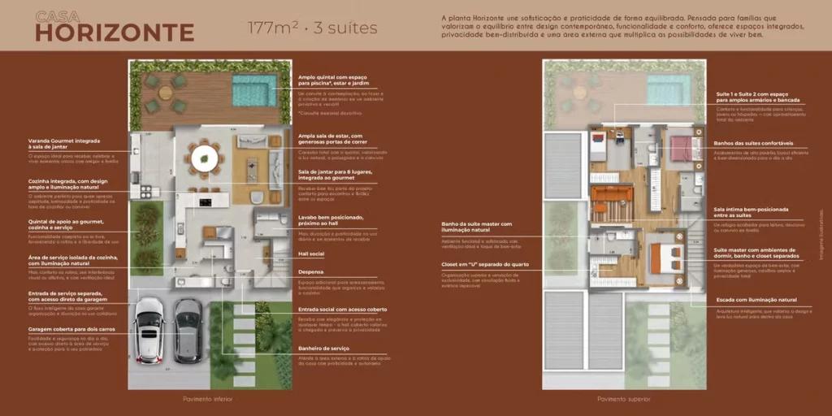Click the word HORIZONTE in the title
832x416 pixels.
[115, 32]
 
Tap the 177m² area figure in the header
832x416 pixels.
[269, 28]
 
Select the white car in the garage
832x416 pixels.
[149, 330]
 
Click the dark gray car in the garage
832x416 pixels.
[188, 330]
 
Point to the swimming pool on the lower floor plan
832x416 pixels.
[254, 90]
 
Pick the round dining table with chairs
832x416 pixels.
[203, 156]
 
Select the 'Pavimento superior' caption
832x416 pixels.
[624, 399]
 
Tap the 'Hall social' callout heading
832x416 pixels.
[311, 253]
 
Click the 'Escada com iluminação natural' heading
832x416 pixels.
[755, 300]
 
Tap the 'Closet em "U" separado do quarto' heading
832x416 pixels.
[487, 264]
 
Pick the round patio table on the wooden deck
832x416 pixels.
[166, 93]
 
